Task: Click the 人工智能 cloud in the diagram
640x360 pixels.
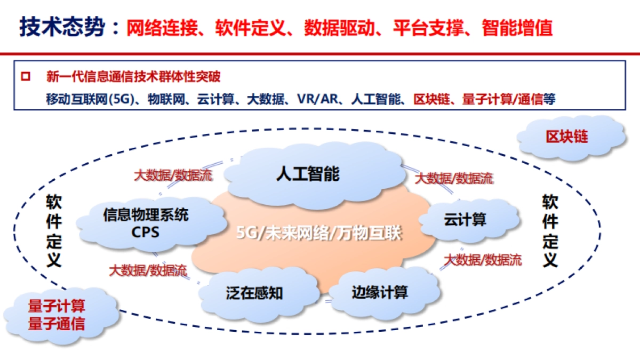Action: coord(308,174)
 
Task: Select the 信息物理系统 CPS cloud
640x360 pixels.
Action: coord(145,223)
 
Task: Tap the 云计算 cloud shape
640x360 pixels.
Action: coord(465,219)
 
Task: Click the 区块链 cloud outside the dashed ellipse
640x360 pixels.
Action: coord(566,137)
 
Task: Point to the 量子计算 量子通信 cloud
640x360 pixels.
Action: coord(56,315)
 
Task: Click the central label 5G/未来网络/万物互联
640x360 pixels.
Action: coord(318,234)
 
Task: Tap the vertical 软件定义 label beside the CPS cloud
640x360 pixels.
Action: coord(54,230)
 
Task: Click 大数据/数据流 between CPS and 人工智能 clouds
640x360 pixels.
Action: coord(172,175)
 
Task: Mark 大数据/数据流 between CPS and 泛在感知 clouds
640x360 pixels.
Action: coord(148,270)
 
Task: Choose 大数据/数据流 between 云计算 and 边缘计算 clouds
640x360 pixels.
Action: coord(483,260)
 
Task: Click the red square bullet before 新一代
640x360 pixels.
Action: coord(25,76)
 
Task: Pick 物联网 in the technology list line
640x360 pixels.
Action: coord(163,99)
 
